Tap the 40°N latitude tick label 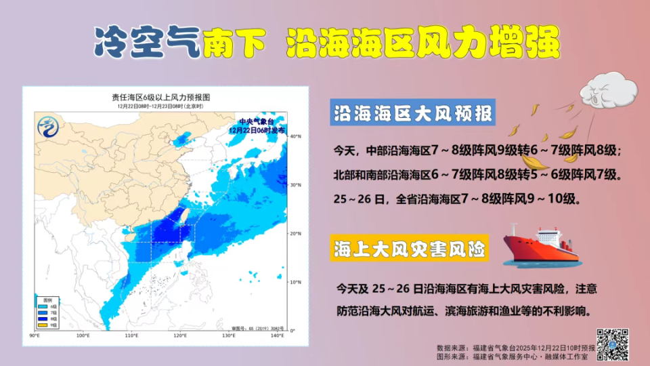295,136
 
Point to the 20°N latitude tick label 295,233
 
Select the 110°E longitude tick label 131,336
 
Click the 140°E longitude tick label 276,336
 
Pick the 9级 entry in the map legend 49,325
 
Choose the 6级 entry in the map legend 49,306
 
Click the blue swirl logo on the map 47,127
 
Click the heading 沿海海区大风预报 412,113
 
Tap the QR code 613,344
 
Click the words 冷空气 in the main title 147,43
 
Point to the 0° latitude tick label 293,331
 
